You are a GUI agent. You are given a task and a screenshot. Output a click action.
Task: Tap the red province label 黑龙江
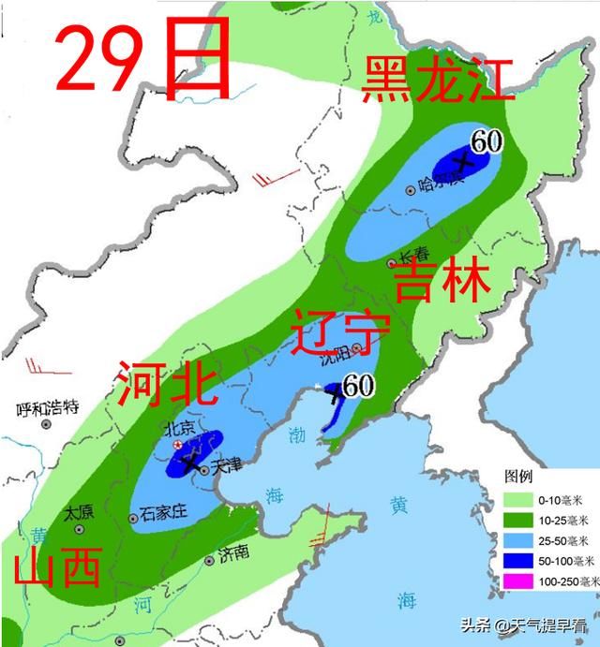click(439, 81)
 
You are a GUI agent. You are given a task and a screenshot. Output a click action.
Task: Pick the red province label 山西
click(57, 567)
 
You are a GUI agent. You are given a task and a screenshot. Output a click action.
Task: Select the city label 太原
click(79, 513)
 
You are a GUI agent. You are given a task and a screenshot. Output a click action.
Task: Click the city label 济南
click(233, 555)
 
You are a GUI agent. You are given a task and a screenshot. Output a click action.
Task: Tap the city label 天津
click(227, 464)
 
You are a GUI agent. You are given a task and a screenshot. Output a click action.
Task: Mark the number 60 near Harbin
click(487, 141)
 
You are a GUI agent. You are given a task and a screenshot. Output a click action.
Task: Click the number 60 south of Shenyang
click(358, 385)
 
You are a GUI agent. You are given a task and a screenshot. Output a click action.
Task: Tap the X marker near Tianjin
click(192, 462)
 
